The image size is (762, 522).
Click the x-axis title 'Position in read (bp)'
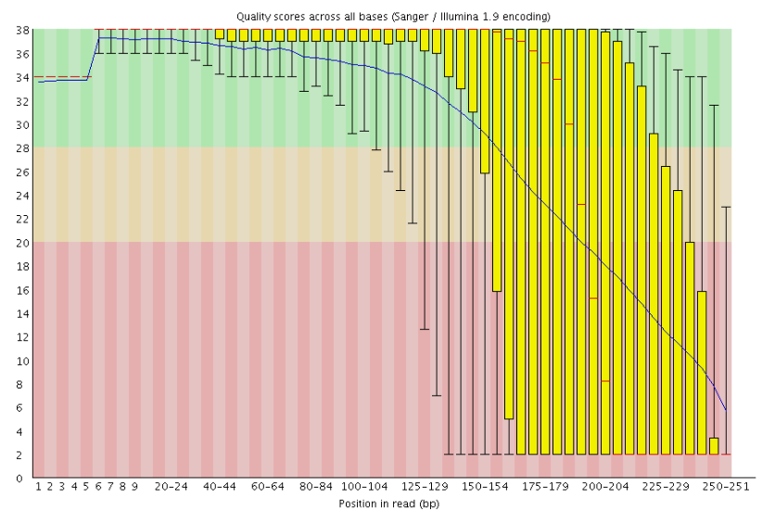389,504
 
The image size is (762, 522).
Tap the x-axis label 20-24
171,486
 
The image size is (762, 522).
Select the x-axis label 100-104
364,486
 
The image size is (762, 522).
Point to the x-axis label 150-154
485,486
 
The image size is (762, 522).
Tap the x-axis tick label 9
134,486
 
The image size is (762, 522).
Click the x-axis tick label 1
38,486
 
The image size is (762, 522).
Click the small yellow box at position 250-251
714,446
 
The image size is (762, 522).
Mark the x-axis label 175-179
545,486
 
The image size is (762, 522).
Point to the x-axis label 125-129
425,486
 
